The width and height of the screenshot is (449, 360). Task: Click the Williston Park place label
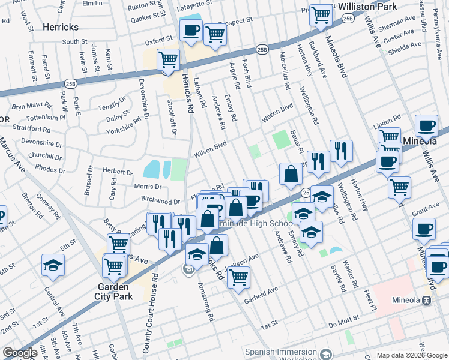click(x=368, y=7)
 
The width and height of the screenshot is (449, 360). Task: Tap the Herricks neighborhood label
click(x=61, y=27)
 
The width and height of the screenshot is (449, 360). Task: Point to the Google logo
click(x=20, y=353)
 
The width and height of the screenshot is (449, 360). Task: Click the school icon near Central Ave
click(x=53, y=265)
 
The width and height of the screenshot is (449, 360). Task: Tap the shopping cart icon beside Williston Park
click(x=321, y=14)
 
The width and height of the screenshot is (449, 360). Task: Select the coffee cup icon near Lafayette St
click(x=191, y=31)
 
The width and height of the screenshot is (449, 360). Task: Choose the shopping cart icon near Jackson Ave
click(x=238, y=277)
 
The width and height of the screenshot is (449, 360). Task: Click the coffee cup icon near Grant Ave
click(x=424, y=229)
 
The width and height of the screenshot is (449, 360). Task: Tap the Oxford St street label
click(x=159, y=42)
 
